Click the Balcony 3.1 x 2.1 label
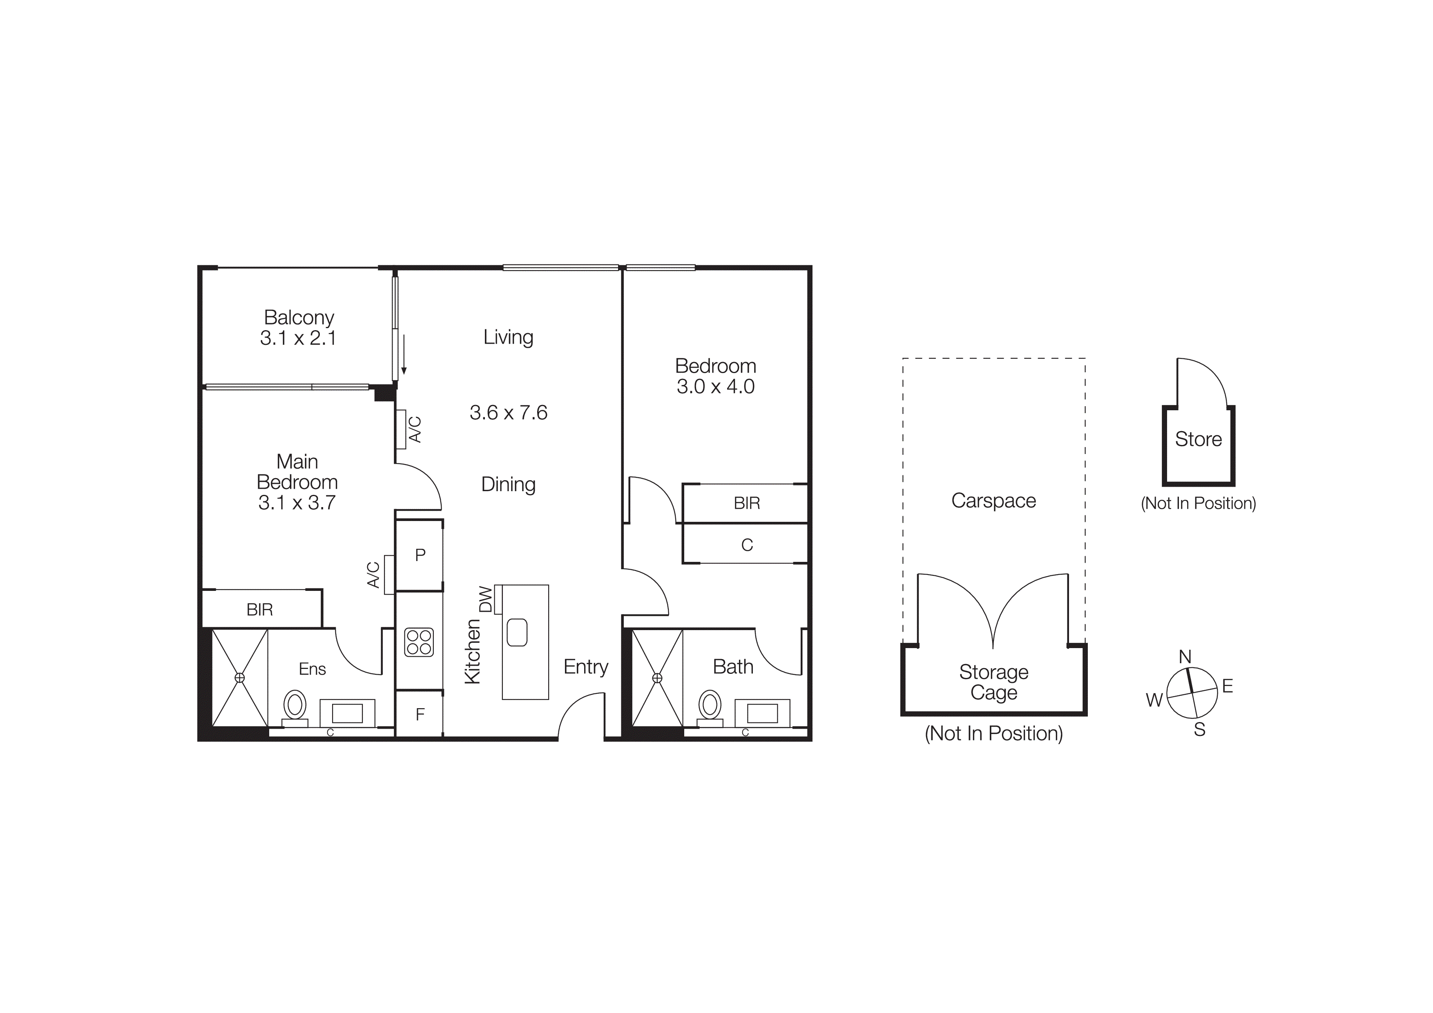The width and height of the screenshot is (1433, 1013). tap(298, 328)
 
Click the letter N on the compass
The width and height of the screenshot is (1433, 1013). tap(1185, 657)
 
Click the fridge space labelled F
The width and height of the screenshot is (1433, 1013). tap(420, 714)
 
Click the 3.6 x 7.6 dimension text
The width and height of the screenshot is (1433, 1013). tap(508, 413)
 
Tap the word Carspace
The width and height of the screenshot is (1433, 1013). tap(993, 501)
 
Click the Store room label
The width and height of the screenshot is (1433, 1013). tap(1198, 439)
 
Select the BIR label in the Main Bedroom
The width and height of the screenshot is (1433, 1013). tap(260, 610)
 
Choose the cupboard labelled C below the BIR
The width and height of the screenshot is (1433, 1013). tap(746, 545)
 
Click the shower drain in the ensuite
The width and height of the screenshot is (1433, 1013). tap(240, 678)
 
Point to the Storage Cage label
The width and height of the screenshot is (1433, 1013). tap(993, 682)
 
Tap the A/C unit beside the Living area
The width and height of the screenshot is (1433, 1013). tap(401, 429)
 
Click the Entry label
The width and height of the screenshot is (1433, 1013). tap(585, 666)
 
